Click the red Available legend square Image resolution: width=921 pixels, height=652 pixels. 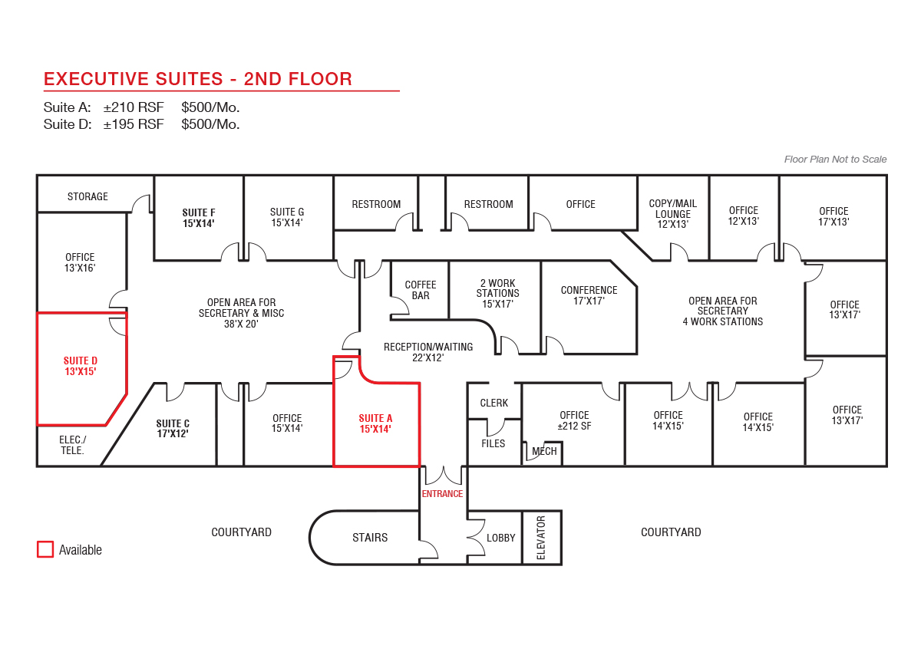point(45,549)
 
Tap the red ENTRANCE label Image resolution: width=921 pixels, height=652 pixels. point(442,494)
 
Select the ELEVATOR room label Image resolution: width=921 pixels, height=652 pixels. point(541,538)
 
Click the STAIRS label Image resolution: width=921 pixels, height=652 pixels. point(370,538)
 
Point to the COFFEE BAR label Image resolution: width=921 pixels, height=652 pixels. point(421,290)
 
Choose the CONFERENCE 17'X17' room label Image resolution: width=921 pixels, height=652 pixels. point(589,295)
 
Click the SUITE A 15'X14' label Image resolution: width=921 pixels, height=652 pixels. point(375,423)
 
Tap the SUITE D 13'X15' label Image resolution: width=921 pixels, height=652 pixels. point(81,366)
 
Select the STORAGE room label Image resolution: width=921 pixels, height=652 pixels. point(87,196)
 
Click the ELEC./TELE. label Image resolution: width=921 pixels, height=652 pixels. point(73,446)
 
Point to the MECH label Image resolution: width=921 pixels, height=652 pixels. point(544,452)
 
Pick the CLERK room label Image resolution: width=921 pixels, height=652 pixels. point(494,403)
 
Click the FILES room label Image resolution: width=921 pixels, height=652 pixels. point(494,443)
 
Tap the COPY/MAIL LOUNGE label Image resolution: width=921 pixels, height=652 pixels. point(673,214)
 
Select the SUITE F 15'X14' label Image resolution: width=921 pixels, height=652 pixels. point(199,218)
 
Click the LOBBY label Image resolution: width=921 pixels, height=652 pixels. point(501,538)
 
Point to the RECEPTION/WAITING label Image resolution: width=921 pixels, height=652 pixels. point(428,347)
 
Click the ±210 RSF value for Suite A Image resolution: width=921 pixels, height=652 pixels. point(134,107)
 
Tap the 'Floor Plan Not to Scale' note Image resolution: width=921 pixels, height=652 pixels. point(836,160)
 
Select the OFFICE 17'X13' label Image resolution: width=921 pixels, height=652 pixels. point(834,216)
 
